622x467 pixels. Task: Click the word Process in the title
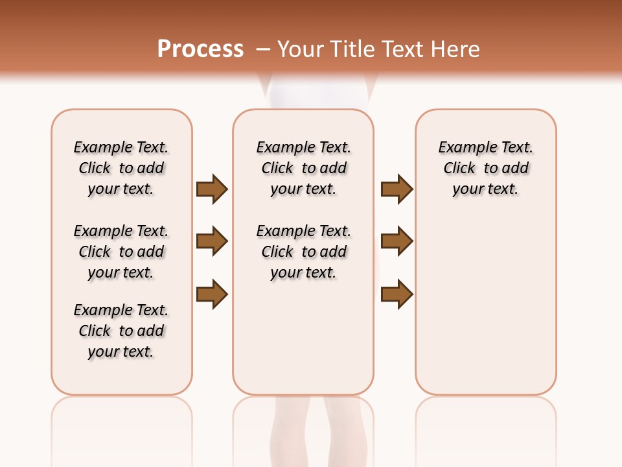tap(200, 49)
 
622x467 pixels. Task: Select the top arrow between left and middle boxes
tap(212, 189)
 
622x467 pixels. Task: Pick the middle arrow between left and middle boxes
tap(212, 241)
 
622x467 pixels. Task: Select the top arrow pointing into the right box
tap(397, 189)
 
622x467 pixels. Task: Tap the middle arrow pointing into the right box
tap(397, 241)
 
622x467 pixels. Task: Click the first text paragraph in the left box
tap(121, 168)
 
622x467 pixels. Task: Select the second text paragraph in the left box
tap(121, 252)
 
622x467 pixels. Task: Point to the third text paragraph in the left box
tap(121, 331)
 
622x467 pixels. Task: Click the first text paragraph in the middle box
tap(303, 168)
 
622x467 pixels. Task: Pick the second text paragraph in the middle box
tap(303, 252)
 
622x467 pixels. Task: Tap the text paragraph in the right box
tap(486, 168)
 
